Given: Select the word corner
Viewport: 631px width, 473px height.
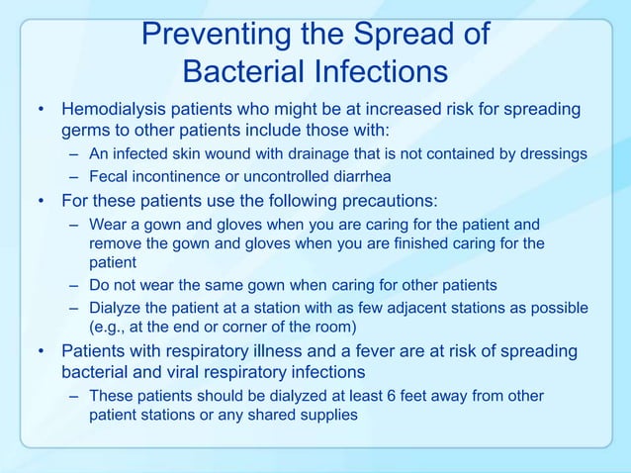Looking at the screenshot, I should (261, 328).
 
